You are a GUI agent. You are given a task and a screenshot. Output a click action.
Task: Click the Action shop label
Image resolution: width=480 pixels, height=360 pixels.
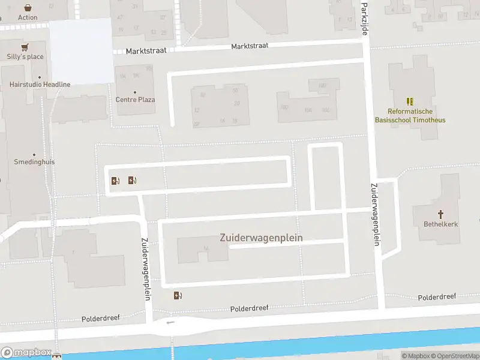click(x=28, y=17)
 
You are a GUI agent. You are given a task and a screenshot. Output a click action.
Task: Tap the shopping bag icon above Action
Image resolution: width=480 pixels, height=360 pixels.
click(x=28, y=8)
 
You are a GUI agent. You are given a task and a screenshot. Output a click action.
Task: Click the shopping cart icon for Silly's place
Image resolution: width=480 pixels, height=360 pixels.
click(x=25, y=47)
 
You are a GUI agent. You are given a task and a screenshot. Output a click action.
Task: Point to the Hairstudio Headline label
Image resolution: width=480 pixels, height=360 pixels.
click(x=40, y=85)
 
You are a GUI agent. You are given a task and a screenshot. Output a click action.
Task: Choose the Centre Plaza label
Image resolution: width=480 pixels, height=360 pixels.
click(x=135, y=100)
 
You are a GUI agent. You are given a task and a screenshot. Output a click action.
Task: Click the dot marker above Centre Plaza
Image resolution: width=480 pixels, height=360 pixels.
click(x=135, y=92)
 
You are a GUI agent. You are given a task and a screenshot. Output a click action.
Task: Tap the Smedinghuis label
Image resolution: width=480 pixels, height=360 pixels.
click(x=34, y=162)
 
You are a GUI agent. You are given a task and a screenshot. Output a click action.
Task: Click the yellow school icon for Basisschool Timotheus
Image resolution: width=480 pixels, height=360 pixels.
click(x=410, y=101)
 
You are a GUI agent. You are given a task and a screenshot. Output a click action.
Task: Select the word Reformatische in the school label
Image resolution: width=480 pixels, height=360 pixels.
click(x=410, y=111)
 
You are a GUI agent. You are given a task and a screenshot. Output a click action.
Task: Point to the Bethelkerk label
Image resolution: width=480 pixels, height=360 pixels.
click(x=440, y=224)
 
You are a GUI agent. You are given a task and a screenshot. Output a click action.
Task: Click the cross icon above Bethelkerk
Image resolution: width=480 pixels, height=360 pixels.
click(x=440, y=214)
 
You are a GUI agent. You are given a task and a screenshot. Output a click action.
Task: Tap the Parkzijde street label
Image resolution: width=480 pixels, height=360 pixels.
click(x=364, y=18)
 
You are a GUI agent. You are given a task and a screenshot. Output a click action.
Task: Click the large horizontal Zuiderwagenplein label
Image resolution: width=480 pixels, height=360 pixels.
click(x=261, y=238)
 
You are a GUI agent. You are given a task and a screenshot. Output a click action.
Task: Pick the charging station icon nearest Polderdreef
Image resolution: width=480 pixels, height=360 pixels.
click(x=178, y=295)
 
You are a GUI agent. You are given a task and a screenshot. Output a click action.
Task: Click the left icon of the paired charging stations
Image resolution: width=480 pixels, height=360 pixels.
click(x=115, y=180)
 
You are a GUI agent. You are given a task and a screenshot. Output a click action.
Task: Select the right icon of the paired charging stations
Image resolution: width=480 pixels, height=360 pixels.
click(x=132, y=180)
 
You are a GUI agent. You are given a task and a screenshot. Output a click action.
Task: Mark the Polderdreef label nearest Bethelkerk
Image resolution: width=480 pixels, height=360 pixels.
click(x=437, y=297)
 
